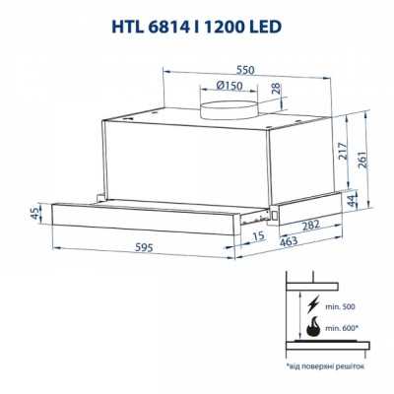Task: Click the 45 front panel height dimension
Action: click(35, 214)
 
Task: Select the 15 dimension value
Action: click(257, 237)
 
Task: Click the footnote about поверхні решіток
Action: click(326, 365)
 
